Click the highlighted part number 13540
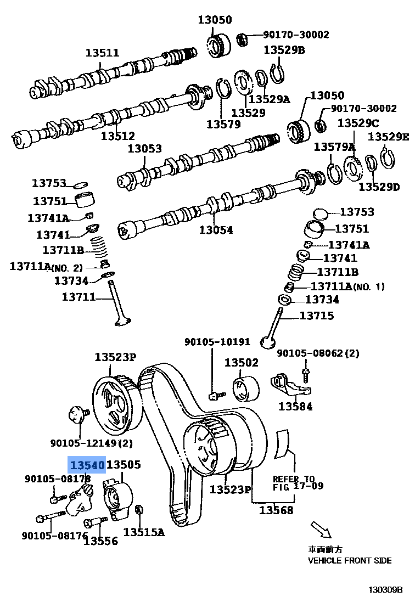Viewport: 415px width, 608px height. tap(86, 465)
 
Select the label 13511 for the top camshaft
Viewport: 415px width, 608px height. tap(102, 53)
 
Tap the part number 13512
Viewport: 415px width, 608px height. tap(117, 135)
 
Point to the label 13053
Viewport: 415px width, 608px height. tap(145, 149)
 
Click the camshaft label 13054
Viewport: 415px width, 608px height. tap(216, 230)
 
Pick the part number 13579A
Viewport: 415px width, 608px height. tap(334, 147)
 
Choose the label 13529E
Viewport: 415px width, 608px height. tap(388, 136)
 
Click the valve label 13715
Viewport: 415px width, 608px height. tap(317, 316)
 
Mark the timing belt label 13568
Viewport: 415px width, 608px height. tap(276, 511)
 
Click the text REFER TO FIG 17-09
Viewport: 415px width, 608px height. tap(298, 482)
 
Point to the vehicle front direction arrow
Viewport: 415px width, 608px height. tap(321, 530)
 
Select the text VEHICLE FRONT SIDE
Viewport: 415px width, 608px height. tap(350, 560)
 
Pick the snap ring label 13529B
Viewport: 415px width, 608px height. tap(284, 50)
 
